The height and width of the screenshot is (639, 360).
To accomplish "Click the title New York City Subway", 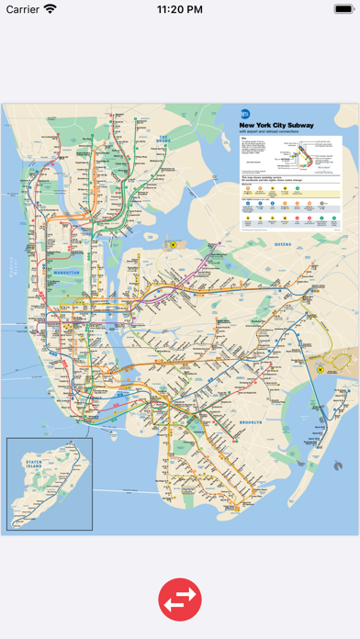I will coord(276,125).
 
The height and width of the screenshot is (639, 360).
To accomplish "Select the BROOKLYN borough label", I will coord(251,397).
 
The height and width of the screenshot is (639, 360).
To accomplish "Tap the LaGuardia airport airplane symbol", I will coord(171,245).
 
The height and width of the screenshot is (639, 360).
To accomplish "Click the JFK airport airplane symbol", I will coord(321,369).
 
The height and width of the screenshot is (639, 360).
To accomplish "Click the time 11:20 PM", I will coord(180,9).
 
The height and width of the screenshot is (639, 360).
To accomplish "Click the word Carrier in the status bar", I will coord(23,9).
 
